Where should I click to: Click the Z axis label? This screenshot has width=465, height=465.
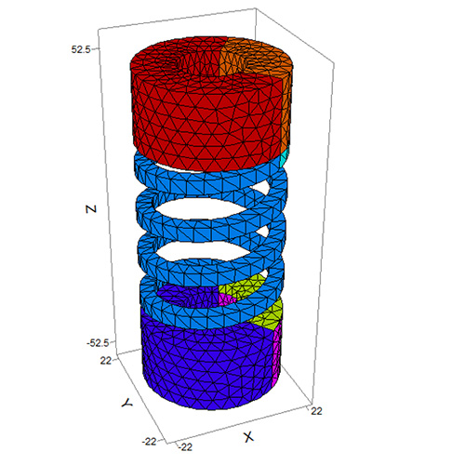pos(90,210)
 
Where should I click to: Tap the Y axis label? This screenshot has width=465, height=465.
pos(124,404)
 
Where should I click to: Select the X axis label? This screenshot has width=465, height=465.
pos(248,436)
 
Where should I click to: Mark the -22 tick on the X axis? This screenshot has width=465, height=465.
pos(185,446)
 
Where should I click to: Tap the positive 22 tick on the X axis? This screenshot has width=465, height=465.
pos(317,409)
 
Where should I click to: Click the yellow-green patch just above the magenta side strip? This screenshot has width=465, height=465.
pos(267,314)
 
